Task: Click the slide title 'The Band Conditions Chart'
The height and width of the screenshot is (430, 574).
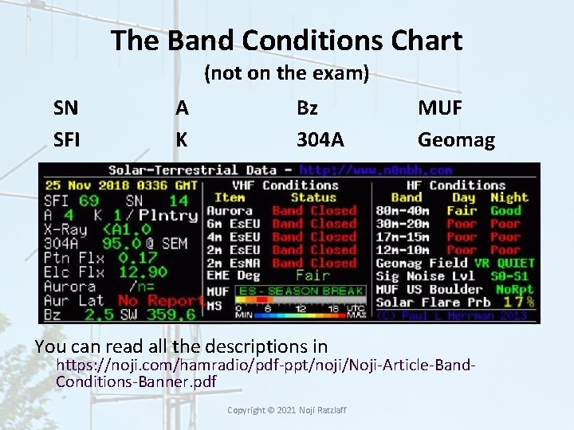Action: [x=286, y=40]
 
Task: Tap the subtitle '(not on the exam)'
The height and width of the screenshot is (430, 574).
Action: [x=286, y=74]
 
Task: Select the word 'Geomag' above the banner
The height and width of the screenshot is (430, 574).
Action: [x=456, y=140]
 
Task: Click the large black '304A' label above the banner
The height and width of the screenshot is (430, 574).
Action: [x=320, y=140]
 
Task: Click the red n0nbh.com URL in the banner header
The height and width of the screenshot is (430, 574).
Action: [x=375, y=170]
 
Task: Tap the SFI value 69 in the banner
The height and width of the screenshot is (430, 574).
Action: [x=88, y=201]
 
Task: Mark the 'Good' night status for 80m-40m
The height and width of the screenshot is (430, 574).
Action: [x=505, y=211]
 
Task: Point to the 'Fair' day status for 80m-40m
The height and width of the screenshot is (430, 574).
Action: [x=461, y=211]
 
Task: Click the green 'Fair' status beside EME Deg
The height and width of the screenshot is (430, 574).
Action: [x=312, y=276]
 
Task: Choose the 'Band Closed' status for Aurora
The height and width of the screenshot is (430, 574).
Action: [x=313, y=211]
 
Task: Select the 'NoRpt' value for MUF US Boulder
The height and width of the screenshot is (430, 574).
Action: [x=514, y=289]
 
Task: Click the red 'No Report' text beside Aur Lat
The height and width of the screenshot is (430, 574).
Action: [x=159, y=301]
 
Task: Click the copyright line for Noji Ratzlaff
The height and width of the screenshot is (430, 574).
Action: [x=286, y=409]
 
